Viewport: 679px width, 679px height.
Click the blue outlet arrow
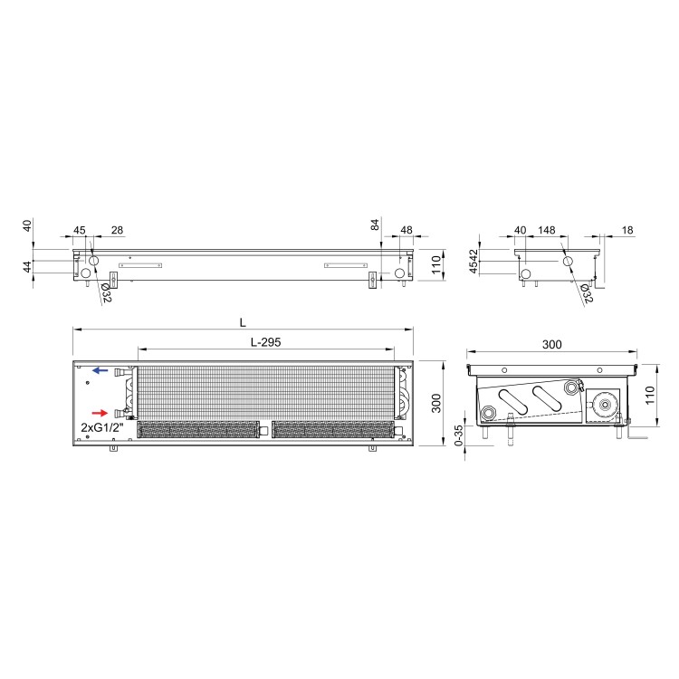(100, 370)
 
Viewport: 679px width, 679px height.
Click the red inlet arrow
(100, 413)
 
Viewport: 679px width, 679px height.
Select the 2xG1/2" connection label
(102, 427)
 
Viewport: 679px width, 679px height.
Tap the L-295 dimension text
(266, 342)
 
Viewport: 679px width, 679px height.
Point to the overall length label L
(243, 322)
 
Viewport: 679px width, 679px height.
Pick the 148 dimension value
(547, 230)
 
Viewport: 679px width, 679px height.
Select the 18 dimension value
(627, 230)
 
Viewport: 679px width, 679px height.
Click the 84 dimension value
(375, 225)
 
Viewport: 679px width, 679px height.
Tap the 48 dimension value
(406, 230)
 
